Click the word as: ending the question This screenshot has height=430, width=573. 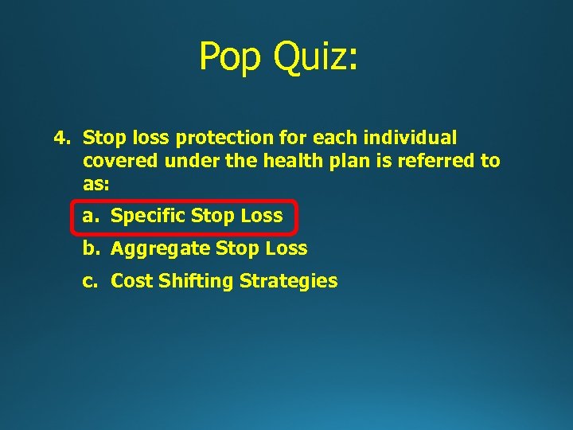(x=95, y=184)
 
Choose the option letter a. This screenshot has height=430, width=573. (x=88, y=216)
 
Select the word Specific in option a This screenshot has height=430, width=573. (x=148, y=216)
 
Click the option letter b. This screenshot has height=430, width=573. (x=89, y=248)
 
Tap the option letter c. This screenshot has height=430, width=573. (x=88, y=281)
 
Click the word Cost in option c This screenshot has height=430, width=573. (x=132, y=281)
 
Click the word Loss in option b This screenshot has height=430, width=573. (x=286, y=248)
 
